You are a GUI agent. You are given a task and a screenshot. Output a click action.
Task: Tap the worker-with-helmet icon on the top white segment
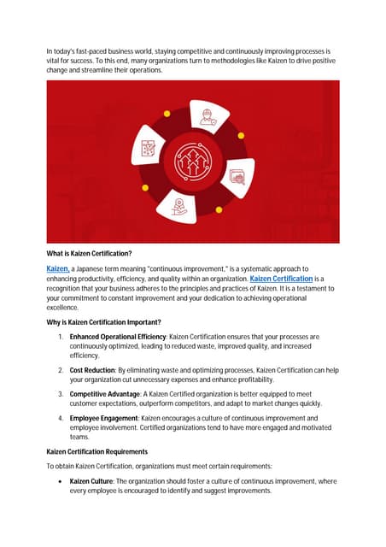[206, 116]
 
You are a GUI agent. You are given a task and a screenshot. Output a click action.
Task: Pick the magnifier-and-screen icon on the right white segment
[237, 178]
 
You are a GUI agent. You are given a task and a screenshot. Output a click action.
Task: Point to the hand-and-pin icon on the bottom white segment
[179, 206]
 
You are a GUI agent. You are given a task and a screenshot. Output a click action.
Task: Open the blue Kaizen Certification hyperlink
[281, 279]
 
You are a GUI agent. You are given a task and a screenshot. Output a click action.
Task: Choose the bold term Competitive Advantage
[110, 393]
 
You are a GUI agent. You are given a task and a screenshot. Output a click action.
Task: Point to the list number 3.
[61, 393]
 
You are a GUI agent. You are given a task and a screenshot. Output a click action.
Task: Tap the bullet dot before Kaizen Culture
[61, 482]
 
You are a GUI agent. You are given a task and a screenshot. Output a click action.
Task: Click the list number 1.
[61, 338]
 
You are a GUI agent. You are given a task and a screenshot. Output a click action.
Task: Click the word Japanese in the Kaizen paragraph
[93, 268]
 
